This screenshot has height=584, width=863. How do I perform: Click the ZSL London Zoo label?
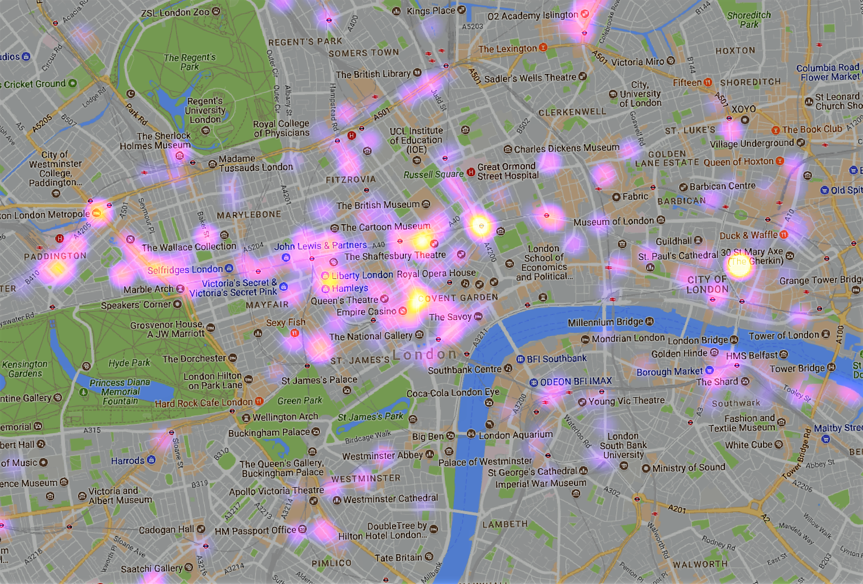coord(175,12)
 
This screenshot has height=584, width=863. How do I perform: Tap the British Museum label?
coord(378,205)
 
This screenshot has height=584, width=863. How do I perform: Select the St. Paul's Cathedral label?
coord(678,256)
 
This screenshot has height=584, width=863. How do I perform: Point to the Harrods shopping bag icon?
coord(151,460)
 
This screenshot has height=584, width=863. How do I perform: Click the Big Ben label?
coord(428,436)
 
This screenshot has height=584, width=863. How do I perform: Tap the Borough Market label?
coord(670,371)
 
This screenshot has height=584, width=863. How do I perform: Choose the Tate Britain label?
coord(398,557)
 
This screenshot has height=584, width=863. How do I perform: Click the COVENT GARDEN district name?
coord(458,298)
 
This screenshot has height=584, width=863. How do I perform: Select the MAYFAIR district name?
coord(267,305)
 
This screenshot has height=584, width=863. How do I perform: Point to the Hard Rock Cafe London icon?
coord(259,401)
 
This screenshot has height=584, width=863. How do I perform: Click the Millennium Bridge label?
coord(605,322)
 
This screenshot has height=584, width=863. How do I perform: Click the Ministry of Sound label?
coord(688,468)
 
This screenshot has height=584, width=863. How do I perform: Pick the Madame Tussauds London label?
coord(256,163)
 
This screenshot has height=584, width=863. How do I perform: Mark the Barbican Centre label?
coord(722,186)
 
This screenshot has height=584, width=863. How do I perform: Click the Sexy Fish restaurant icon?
coord(295,333)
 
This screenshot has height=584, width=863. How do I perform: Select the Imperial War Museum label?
coord(541,483)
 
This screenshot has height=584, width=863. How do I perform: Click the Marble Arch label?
coord(149,289)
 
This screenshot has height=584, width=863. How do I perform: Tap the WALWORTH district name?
coord(700,564)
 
